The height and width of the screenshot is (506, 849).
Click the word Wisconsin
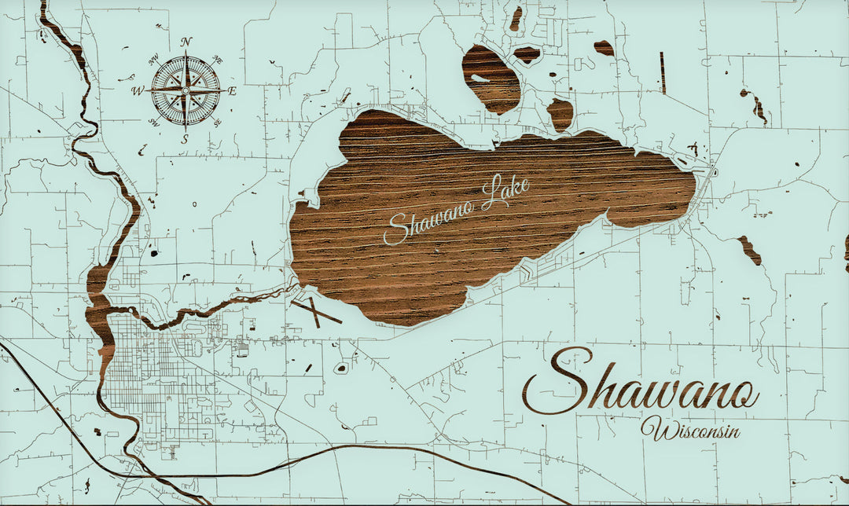690,430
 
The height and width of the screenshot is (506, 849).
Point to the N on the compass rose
186,42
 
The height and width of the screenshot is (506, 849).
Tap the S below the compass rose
186,138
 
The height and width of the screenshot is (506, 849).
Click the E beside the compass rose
233,91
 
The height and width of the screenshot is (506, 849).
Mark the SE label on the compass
218,123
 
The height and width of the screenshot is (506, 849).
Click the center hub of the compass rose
186,90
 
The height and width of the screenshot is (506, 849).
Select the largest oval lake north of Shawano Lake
492,79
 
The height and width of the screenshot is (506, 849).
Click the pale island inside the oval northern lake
480,78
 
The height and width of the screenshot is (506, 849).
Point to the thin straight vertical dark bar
663,72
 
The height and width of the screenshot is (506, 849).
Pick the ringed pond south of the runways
341,368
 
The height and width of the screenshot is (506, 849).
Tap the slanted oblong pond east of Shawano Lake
749,250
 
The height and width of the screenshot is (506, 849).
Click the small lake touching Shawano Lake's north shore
560,115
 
